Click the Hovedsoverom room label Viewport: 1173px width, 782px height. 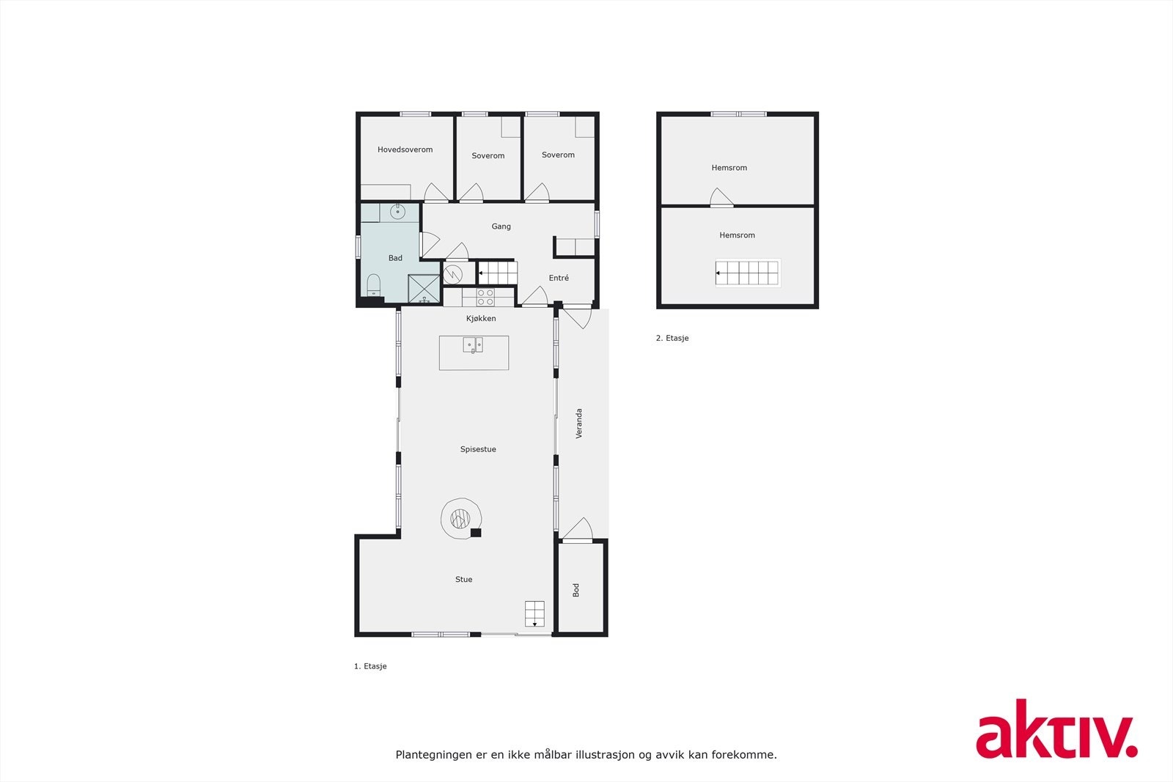point(405,150)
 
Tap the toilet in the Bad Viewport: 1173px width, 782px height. point(374,284)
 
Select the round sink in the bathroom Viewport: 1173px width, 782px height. point(397,212)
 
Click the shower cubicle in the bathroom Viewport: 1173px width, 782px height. point(424,289)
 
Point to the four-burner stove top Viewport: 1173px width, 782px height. point(485,297)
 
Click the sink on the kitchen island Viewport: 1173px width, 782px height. point(473,344)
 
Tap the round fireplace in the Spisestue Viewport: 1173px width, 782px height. point(460,519)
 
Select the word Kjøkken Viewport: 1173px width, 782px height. point(481,318)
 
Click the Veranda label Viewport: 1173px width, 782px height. point(579,424)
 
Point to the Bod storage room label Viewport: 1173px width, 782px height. point(576,589)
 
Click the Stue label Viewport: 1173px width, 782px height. point(463,580)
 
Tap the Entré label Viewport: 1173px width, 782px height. point(559,278)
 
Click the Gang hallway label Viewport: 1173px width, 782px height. point(501,226)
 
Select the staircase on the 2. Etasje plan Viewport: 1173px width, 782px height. point(747,273)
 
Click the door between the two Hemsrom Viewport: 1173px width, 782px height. point(721,198)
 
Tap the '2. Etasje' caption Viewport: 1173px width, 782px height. point(672,339)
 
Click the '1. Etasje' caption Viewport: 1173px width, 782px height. point(370,666)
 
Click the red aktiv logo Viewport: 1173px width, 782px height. point(1056,729)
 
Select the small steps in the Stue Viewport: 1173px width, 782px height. point(534,613)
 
